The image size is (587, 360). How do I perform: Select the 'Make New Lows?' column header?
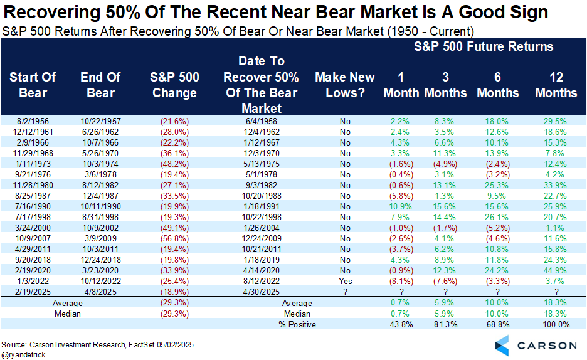(344, 85)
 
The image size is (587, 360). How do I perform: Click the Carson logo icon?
(503, 344)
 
